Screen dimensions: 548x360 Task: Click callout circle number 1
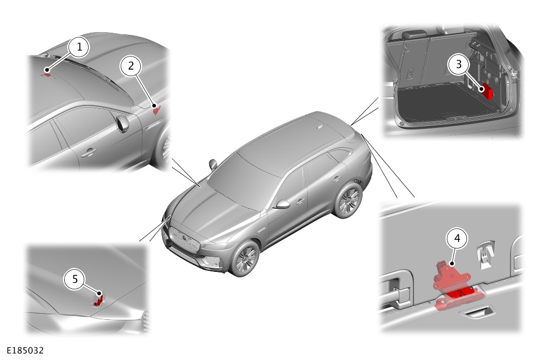click(x=79, y=47)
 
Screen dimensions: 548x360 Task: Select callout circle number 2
click(x=131, y=66)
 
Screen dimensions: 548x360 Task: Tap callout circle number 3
click(x=459, y=64)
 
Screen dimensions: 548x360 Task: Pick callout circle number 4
click(x=457, y=238)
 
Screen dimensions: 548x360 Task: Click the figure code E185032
click(x=25, y=350)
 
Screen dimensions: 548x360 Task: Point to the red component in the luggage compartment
click(x=488, y=91)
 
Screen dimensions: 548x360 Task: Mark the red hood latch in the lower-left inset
click(x=98, y=300)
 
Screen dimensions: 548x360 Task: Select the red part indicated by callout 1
click(x=47, y=74)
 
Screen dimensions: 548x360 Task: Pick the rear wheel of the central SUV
click(x=348, y=201)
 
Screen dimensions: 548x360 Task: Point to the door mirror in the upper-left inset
click(x=123, y=124)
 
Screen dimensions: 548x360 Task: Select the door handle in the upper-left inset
click(x=89, y=152)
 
